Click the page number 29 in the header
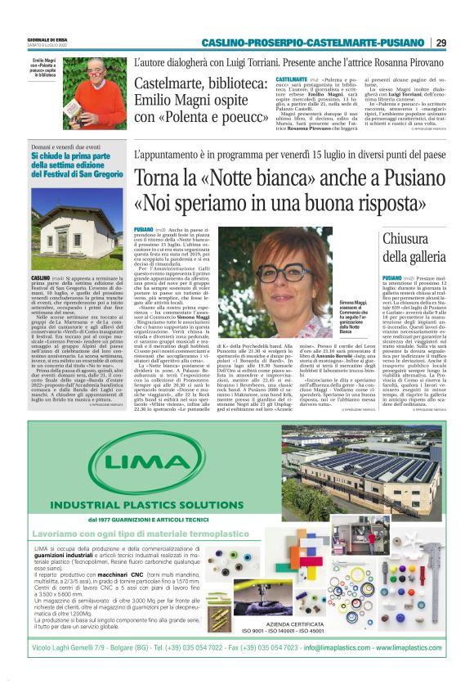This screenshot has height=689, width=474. click(440, 43)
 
